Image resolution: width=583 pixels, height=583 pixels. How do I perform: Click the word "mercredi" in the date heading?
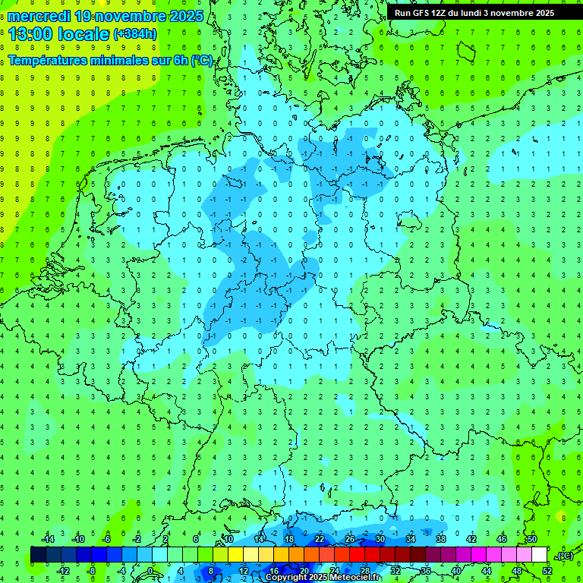coord(39,15)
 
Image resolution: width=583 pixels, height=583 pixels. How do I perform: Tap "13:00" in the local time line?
coord(30,33)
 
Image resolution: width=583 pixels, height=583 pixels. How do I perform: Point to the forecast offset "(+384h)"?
coord(135,33)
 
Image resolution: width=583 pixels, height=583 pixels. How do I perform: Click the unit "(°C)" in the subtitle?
coord(202,60)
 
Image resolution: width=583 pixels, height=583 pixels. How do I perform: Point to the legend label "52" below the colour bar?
coord(547,571)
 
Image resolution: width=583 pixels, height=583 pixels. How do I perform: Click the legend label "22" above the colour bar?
coord(320,539)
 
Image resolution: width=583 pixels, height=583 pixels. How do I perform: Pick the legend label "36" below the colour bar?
coord(425,571)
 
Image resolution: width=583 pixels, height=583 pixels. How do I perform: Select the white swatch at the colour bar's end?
coord(539,555)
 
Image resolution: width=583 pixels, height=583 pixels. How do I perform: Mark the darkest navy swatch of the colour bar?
coord(38,555)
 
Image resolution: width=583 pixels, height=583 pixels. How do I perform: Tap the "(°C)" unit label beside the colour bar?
coord(565,556)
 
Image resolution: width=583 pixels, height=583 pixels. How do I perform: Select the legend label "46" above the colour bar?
coord(501,539)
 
